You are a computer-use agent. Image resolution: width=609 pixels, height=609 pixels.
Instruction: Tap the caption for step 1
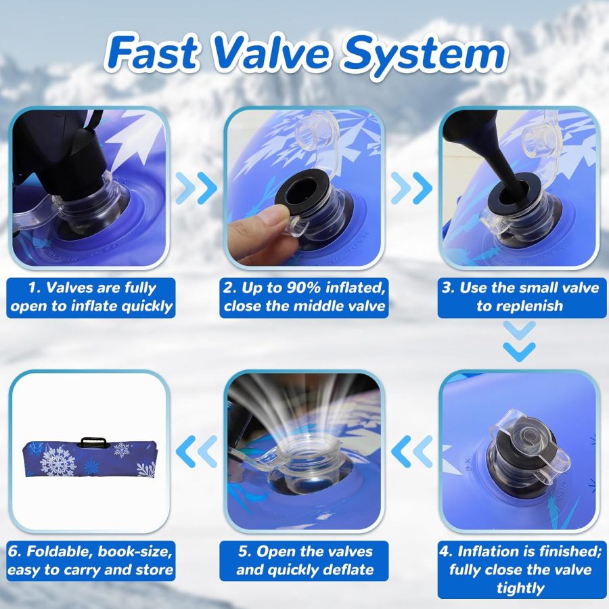pos(91,297)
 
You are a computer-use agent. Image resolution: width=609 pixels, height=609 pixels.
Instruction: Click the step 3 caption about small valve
pos(519,297)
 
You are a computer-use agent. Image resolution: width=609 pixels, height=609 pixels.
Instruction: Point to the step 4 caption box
pos(519,570)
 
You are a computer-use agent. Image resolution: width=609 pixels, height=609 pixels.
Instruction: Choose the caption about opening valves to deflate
pos(304,561)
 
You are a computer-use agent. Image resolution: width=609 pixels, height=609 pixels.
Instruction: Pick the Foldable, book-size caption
pos(91,561)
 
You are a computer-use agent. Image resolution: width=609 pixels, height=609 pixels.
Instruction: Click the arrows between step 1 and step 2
pos(197,188)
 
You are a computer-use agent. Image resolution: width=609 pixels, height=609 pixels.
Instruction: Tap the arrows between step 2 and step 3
pos(412,188)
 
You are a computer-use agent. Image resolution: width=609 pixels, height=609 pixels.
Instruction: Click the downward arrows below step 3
pos(519,341)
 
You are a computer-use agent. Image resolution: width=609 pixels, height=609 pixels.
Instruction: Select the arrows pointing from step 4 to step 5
pos(412,451)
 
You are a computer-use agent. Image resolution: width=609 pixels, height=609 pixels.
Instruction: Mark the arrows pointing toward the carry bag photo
pos(197,451)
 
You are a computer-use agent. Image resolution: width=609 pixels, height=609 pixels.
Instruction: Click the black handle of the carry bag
pos(94,442)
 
